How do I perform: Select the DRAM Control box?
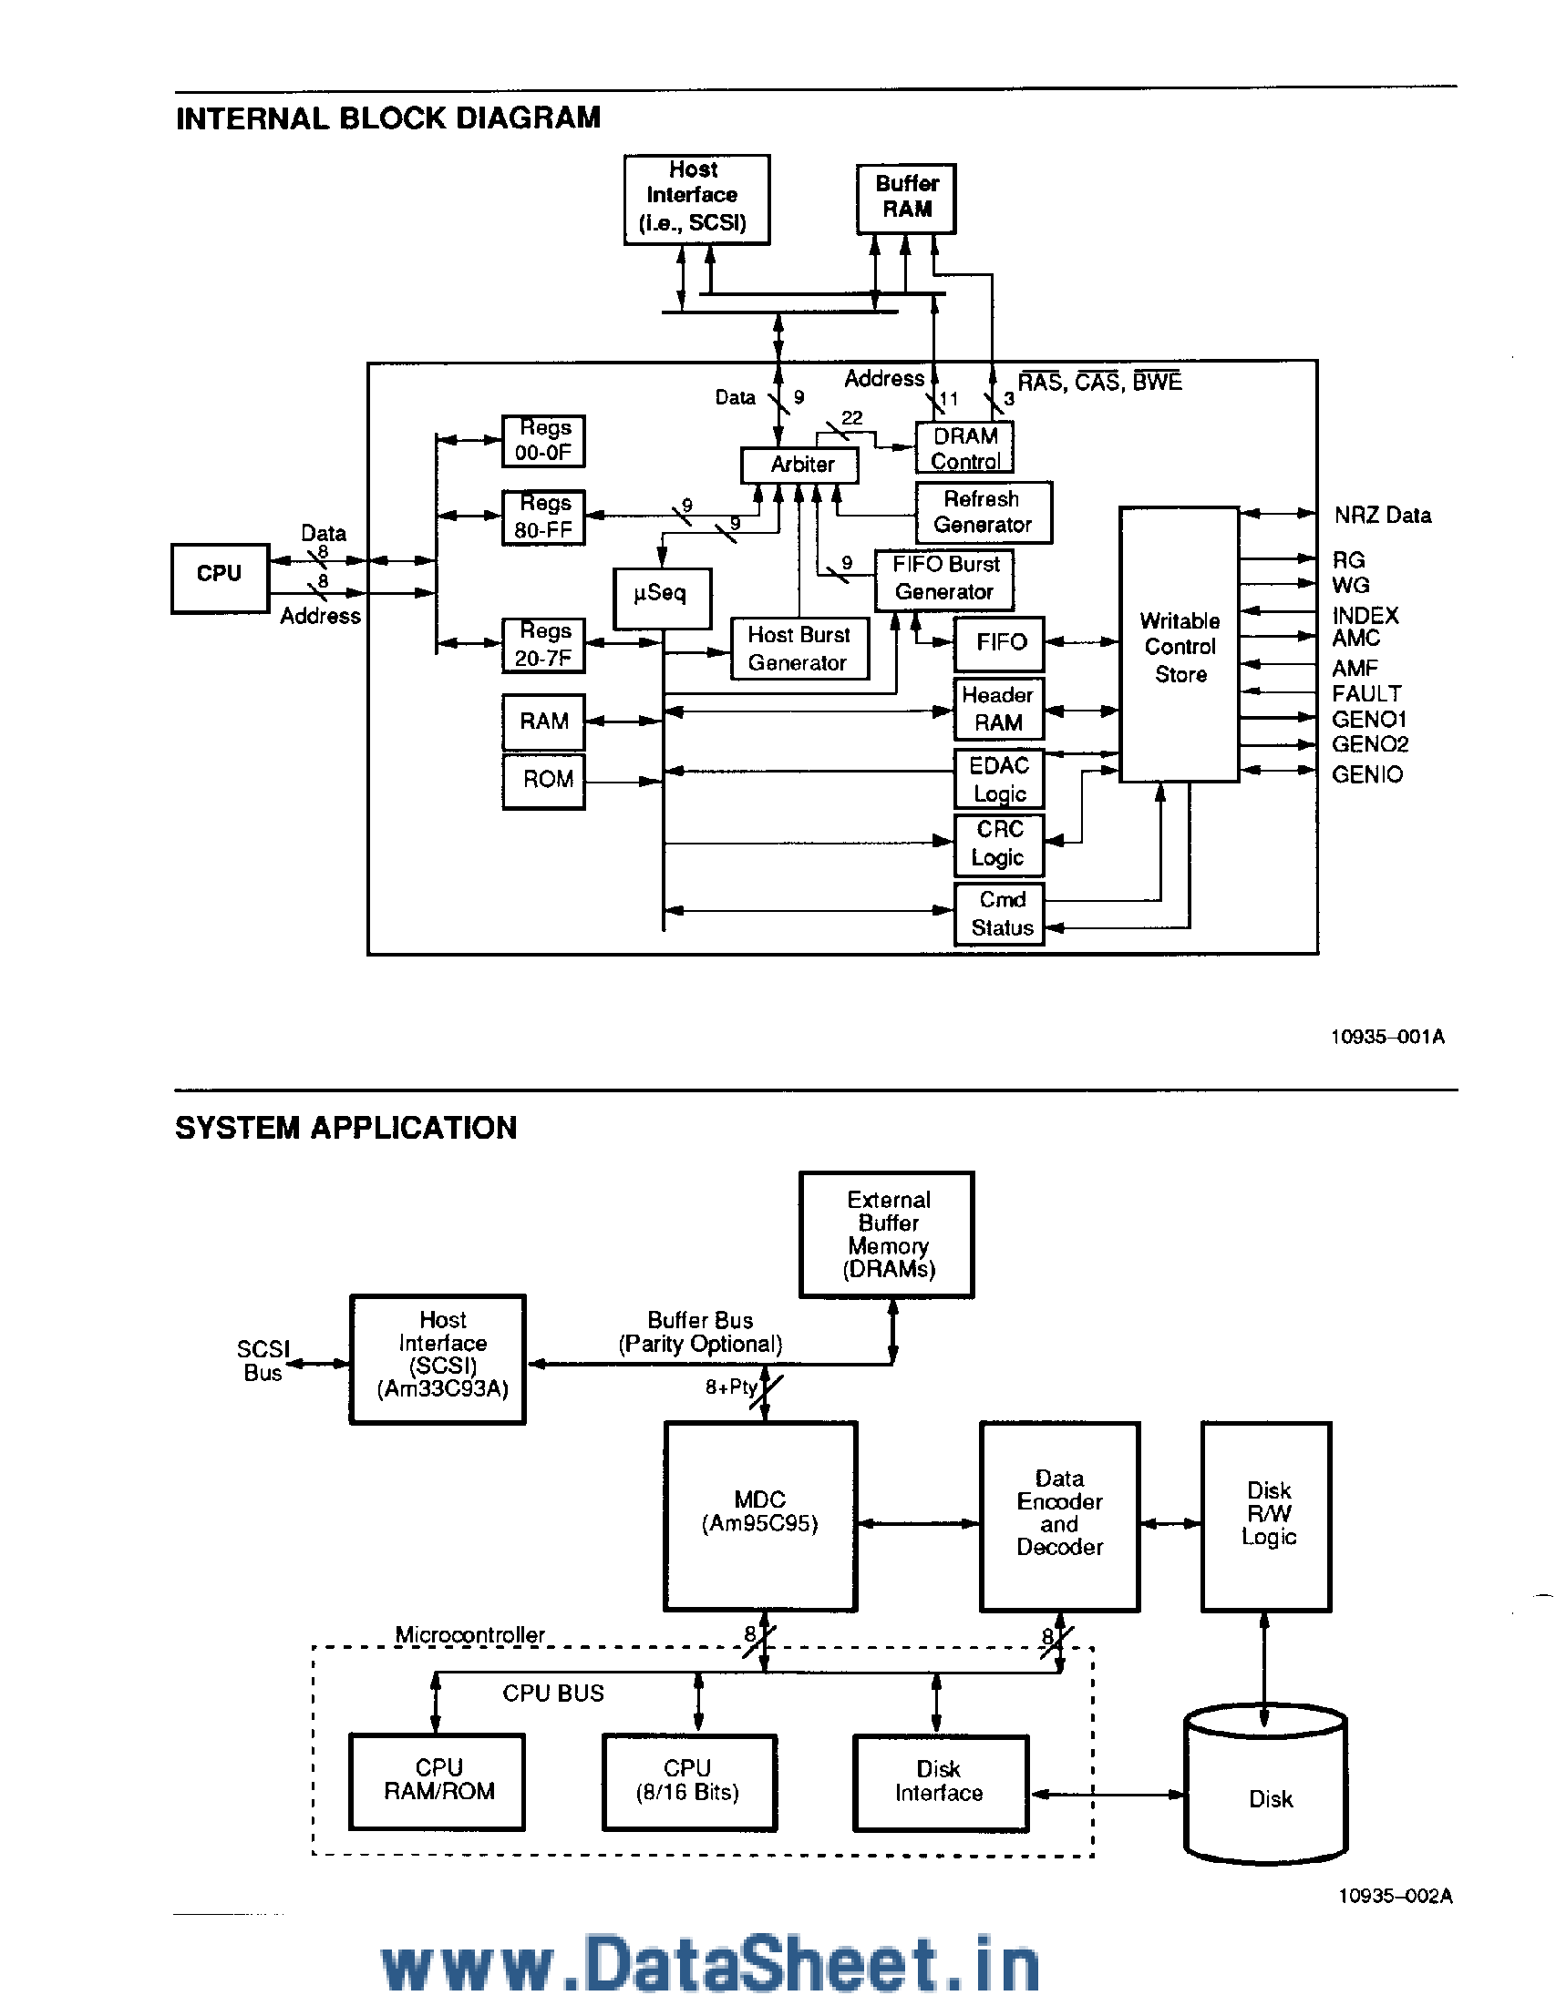[x=964, y=447]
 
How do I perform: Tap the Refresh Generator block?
[x=983, y=512]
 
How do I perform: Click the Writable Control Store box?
[x=1179, y=645]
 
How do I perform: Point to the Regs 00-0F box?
[x=543, y=440]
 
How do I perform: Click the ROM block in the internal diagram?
[x=543, y=780]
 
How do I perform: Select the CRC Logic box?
[x=998, y=844]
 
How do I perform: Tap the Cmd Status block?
[x=998, y=914]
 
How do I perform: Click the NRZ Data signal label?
[x=1382, y=515]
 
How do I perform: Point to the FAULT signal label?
[x=1365, y=693]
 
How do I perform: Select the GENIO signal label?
[x=1365, y=773]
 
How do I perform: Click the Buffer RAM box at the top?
[x=905, y=198]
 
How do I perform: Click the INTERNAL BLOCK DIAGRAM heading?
[x=387, y=118]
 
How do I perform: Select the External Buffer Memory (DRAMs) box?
[x=887, y=1234]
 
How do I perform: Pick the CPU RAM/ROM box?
[x=437, y=1781]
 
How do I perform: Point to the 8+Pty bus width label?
[x=730, y=1387]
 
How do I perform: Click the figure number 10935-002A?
[x=1395, y=1895]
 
